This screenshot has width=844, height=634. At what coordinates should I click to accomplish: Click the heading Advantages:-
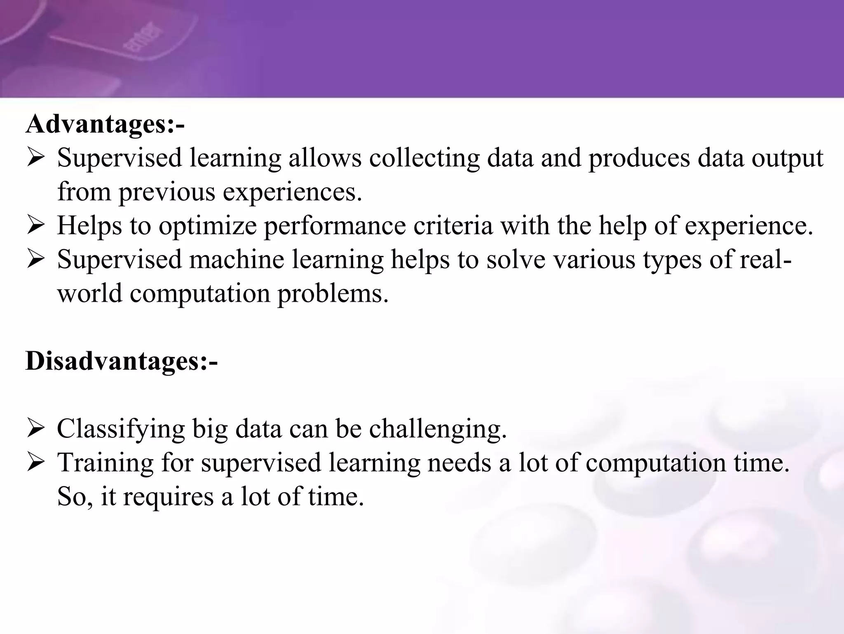coord(105,124)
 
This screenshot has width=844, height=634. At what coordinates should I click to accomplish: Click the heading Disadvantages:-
coord(122,361)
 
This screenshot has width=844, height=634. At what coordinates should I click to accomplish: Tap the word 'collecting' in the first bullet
coord(424,158)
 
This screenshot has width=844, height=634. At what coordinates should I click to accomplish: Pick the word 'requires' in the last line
coord(169,497)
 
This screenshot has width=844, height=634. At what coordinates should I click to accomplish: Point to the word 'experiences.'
coord(292,192)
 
